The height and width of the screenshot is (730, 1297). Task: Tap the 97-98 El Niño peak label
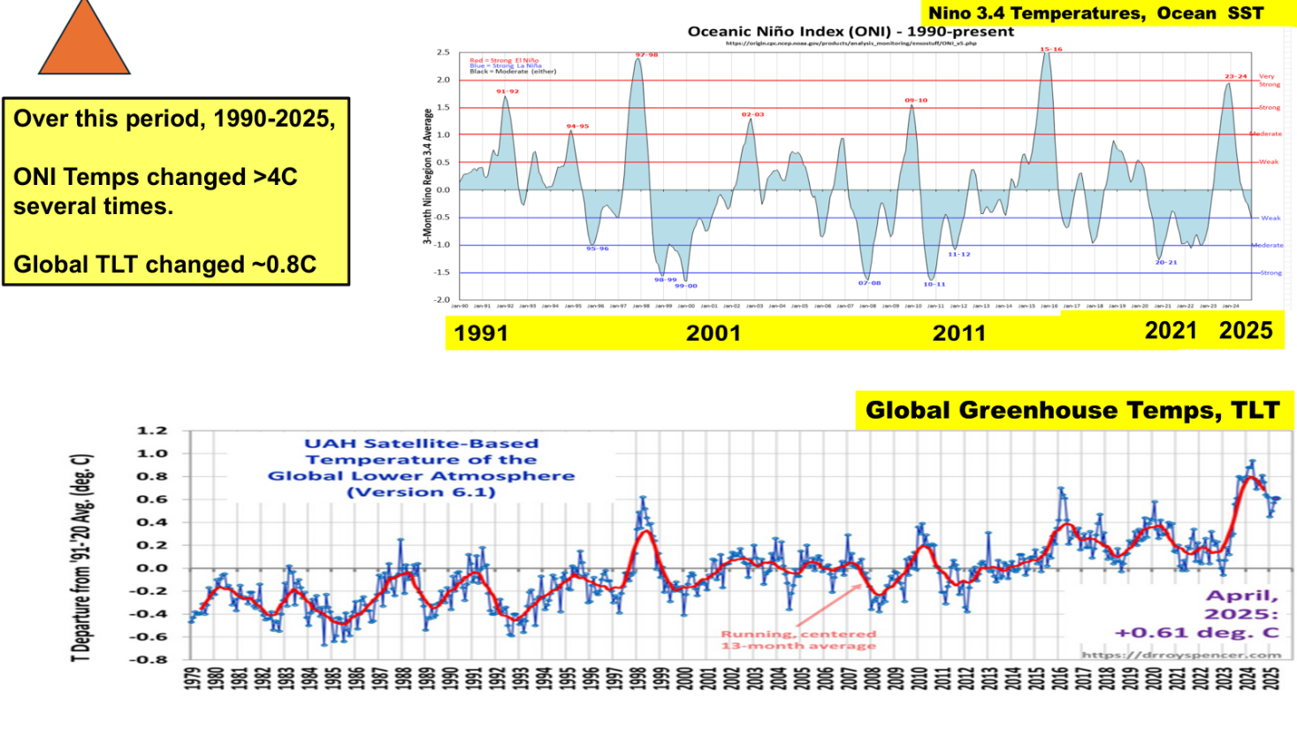click(646, 55)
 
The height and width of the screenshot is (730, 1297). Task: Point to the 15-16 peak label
click(1050, 50)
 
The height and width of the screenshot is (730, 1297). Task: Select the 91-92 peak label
click(507, 91)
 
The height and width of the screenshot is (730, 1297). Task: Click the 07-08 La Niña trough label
click(869, 283)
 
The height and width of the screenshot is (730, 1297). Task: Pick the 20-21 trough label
click(1166, 262)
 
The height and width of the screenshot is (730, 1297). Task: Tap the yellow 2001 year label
click(713, 334)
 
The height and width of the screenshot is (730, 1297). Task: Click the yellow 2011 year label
click(958, 334)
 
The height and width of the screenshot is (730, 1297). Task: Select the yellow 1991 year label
click(481, 334)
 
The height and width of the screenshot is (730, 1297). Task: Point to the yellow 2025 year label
click(1246, 331)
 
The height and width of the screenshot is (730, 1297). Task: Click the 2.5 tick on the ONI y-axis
click(443, 53)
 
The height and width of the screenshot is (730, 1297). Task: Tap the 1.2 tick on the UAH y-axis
click(151, 431)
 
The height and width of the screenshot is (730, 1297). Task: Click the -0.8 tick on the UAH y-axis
click(149, 659)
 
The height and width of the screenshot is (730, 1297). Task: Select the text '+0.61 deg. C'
click(1196, 633)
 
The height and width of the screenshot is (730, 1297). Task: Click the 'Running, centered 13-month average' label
click(798, 640)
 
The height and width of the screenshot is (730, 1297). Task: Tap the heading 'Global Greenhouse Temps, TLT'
click(1072, 411)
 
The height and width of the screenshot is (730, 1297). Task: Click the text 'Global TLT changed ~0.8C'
click(164, 265)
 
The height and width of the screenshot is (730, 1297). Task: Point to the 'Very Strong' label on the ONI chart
click(1268, 81)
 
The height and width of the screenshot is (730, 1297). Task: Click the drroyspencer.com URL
click(1181, 655)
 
